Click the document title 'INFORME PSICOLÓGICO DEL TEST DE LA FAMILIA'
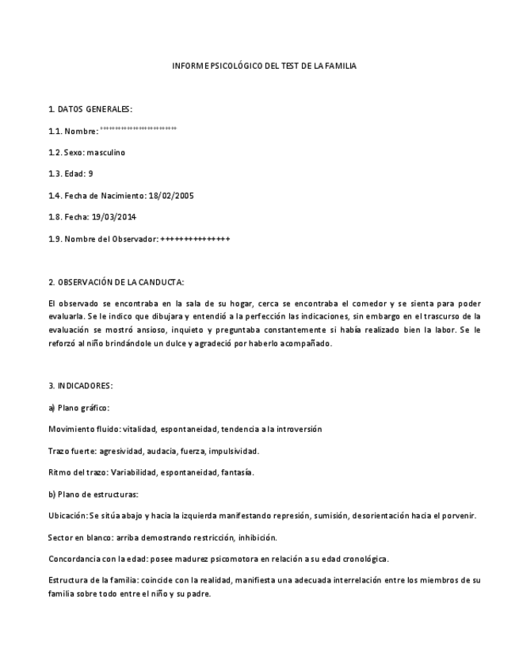(x=264, y=66)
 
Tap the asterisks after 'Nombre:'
(x=139, y=128)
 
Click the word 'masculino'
(x=106, y=152)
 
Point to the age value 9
(x=90, y=174)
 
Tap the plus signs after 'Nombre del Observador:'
(x=195, y=239)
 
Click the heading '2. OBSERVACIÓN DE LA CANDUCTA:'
(x=116, y=281)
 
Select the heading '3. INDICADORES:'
(x=80, y=386)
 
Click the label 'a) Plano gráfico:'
(x=78, y=407)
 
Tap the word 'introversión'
(x=299, y=430)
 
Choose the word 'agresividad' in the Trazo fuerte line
(x=114, y=451)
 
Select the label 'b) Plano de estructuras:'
(x=93, y=494)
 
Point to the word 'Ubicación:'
(x=67, y=516)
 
